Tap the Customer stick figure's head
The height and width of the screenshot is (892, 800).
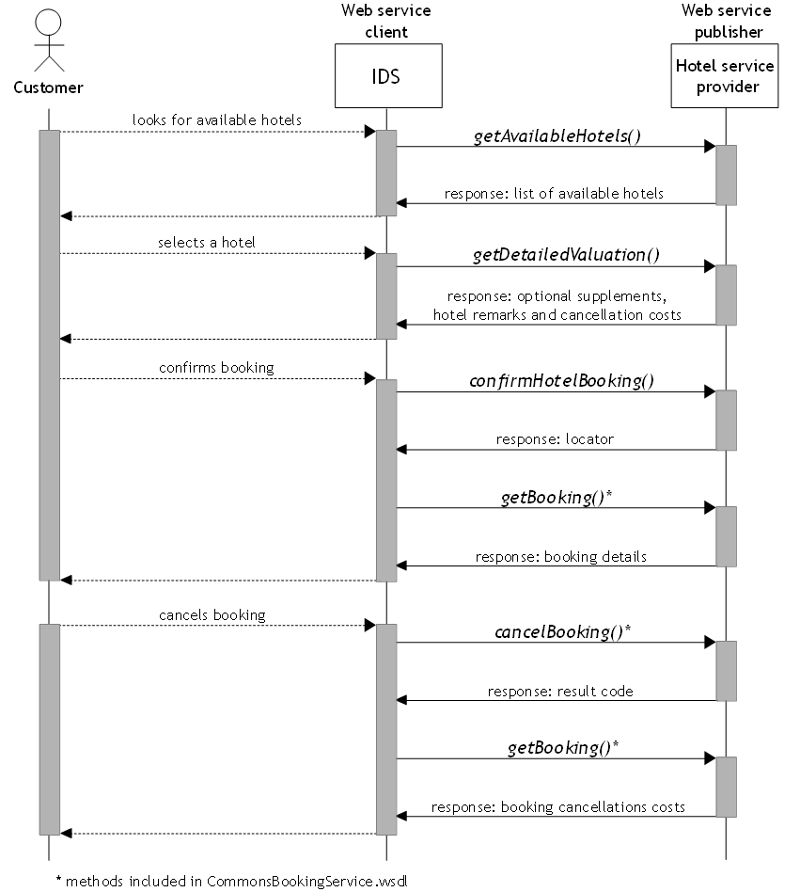[48, 23]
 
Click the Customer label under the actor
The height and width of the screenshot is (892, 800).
[48, 88]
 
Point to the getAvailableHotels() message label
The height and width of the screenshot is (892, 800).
[557, 135]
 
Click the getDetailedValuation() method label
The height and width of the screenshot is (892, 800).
[566, 255]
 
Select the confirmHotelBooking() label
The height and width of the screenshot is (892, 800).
[561, 380]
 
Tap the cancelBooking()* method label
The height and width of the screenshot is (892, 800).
[562, 632]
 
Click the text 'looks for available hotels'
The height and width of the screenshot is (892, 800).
[216, 120]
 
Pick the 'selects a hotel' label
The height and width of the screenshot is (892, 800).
[206, 243]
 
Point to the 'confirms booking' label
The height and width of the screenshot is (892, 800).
[216, 368]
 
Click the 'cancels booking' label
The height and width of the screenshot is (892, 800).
[212, 615]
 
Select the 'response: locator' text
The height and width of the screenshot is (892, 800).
[555, 439]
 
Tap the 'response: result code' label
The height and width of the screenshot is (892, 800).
[560, 692]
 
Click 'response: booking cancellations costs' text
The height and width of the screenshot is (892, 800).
[558, 807]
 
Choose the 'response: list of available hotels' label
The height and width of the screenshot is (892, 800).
[554, 194]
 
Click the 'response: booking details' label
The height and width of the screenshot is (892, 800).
[561, 556]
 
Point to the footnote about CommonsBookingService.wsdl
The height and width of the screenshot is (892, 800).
[232, 882]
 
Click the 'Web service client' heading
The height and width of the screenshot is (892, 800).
[386, 21]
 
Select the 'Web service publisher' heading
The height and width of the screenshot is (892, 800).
[727, 21]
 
